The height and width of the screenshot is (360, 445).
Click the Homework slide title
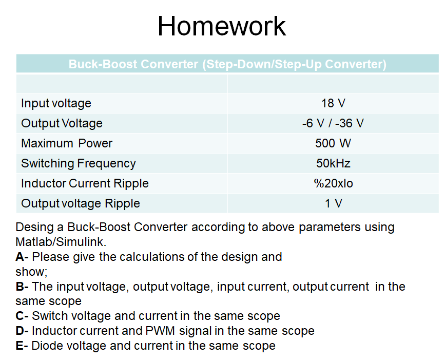click(x=222, y=26)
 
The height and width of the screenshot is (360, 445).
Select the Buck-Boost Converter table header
click(x=227, y=64)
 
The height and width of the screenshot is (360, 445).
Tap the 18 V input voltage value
click(x=333, y=103)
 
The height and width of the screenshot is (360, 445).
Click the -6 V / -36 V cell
click(x=333, y=123)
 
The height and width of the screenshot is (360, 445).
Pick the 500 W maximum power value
click(x=333, y=143)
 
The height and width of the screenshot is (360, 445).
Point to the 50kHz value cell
click(x=333, y=163)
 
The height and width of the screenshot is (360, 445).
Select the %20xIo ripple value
click(x=333, y=183)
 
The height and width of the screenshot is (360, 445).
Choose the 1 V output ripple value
click(x=333, y=203)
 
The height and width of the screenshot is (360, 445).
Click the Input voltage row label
click(x=56, y=103)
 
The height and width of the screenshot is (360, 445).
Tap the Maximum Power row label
click(x=67, y=143)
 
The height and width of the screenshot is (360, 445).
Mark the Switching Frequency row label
click(x=78, y=163)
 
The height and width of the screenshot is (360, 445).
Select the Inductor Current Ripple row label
click(x=85, y=183)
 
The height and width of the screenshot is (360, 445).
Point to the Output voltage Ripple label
click(x=80, y=203)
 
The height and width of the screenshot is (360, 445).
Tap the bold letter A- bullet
click(x=22, y=257)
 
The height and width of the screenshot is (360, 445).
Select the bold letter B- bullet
click(x=22, y=287)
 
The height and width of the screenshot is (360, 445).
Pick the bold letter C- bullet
click(x=22, y=316)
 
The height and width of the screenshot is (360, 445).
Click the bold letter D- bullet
click(x=22, y=331)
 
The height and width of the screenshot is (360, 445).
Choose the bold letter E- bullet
click(x=22, y=346)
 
